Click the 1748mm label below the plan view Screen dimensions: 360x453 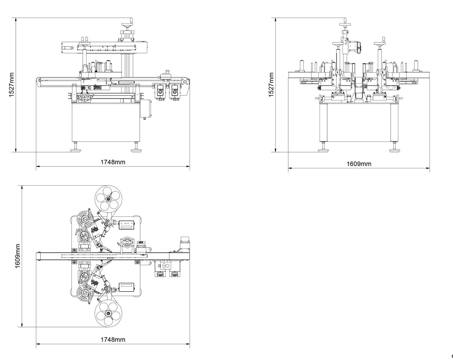(113, 339)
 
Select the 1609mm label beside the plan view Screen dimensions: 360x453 (18, 256)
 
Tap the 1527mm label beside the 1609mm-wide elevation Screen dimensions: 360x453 (271, 85)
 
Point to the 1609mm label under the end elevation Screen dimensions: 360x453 (359, 164)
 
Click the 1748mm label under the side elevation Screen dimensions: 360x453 (113, 162)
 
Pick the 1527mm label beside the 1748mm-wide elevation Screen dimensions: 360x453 (12, 85)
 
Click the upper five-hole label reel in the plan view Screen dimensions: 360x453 (108, 199)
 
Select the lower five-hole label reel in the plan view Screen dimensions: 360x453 (108, 313)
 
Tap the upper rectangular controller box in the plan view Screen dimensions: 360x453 (126, 225)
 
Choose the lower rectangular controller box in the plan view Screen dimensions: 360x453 (126, 287)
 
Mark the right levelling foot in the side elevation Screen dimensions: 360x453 (136, 149)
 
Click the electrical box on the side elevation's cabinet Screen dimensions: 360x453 (145, 109)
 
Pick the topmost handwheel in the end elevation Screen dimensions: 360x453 (345, 25)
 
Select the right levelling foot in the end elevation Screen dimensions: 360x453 (394, 149)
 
